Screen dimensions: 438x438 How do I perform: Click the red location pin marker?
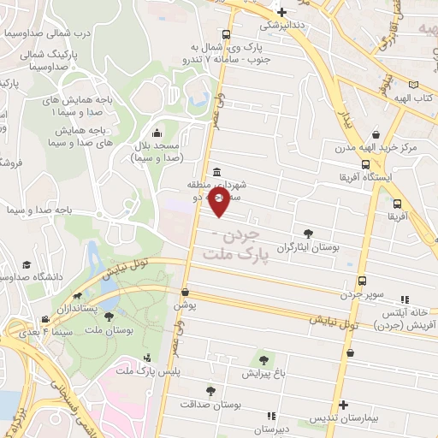(219, 203)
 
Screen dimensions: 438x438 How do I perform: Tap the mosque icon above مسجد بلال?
(157, 133)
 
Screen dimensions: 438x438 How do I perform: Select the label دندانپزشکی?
(281, 26)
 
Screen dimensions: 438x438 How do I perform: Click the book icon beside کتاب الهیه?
(414, 86)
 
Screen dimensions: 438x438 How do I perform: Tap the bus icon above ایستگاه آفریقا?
(365, 164)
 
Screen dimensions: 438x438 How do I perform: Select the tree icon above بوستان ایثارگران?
(308, 233)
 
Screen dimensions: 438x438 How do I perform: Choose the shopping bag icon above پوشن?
(186, 291)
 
